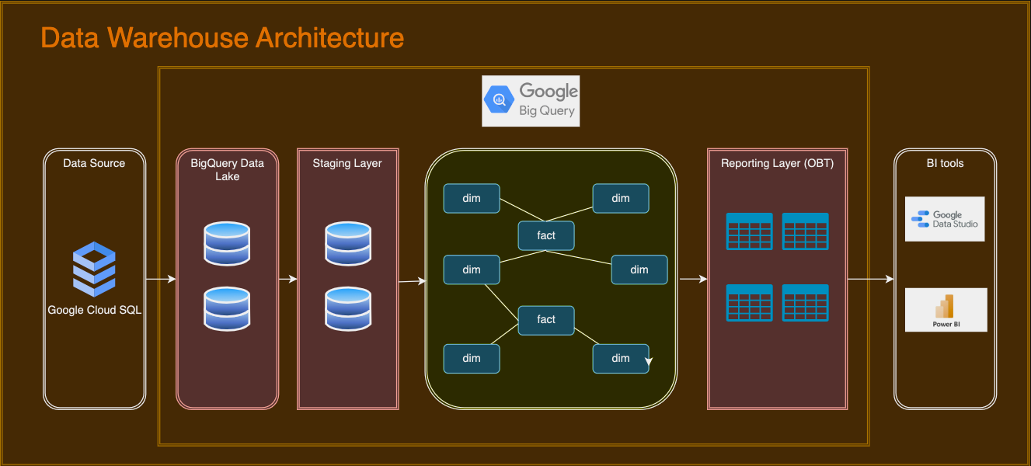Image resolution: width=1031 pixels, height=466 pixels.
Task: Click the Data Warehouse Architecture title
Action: (222, 37)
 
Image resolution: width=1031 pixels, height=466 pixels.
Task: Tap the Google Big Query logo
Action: (531, 101)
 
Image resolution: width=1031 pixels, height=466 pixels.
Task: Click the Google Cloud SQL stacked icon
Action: (94, 270)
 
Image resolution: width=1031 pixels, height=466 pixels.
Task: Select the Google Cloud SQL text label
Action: (95, 310)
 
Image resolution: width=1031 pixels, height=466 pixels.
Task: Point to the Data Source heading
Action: (94, 163)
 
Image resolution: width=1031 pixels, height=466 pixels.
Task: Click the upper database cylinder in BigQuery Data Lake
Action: (227, 242)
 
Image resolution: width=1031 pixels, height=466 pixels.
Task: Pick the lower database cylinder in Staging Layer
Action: (348, 308)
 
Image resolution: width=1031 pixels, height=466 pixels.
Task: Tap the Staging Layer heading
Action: (347, 163)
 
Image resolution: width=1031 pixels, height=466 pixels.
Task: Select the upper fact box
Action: (546, 235)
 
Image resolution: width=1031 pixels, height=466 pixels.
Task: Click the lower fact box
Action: (546, 319)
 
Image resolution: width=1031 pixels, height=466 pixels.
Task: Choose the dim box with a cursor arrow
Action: (621, 358)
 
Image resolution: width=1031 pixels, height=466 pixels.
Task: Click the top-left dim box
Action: (472, 198)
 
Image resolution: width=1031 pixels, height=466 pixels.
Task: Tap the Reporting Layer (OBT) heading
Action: (777, 163)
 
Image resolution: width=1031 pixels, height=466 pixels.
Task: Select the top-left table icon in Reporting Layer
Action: (749, 231)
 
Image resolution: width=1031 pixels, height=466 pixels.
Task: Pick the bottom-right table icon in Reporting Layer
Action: (805, 302)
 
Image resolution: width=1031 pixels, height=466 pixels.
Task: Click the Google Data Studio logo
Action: (945, 219)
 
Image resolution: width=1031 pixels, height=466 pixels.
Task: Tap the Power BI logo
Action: (946, 310)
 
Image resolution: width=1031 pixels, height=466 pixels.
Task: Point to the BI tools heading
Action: (945, 163)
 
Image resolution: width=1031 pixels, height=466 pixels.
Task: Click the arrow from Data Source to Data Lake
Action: (161, 279)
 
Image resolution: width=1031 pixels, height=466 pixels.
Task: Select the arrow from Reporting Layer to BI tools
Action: (870, 279)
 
